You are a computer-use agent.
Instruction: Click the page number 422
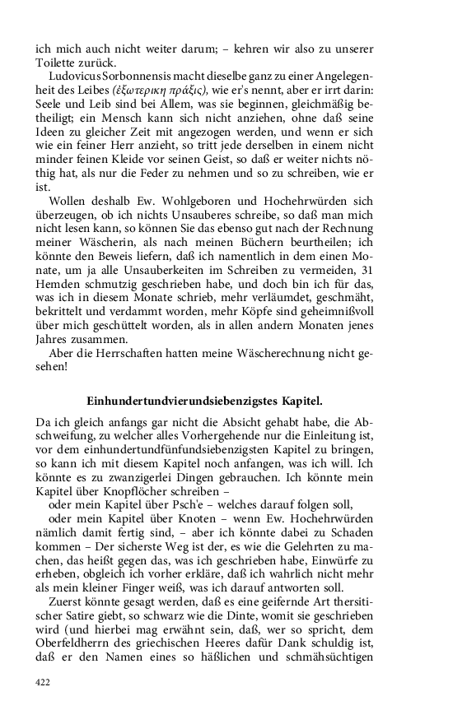click(44, 681)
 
